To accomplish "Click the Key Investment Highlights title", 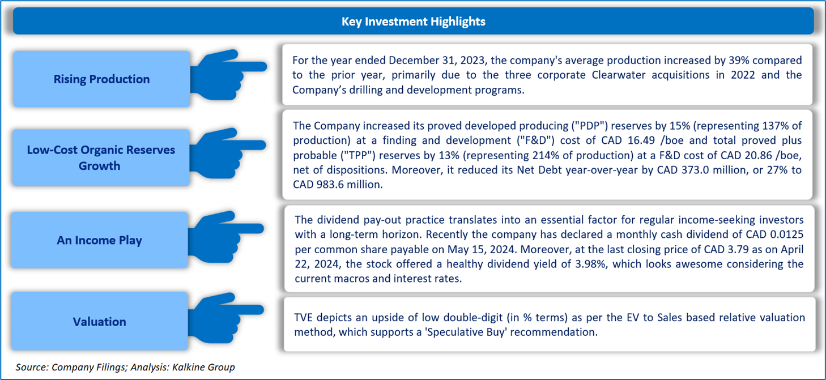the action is click(413, 22).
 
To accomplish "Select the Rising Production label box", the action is click(102, 79).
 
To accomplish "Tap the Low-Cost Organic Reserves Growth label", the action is click(101, 158).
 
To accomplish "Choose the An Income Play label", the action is click(99, 240).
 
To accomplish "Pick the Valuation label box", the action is click(99, 322).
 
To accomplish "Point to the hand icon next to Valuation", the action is click(225, 318).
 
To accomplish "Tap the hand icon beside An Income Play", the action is click(225, 237).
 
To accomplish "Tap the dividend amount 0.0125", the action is click(786, 234).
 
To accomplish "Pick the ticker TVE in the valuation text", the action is click(304, 317).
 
